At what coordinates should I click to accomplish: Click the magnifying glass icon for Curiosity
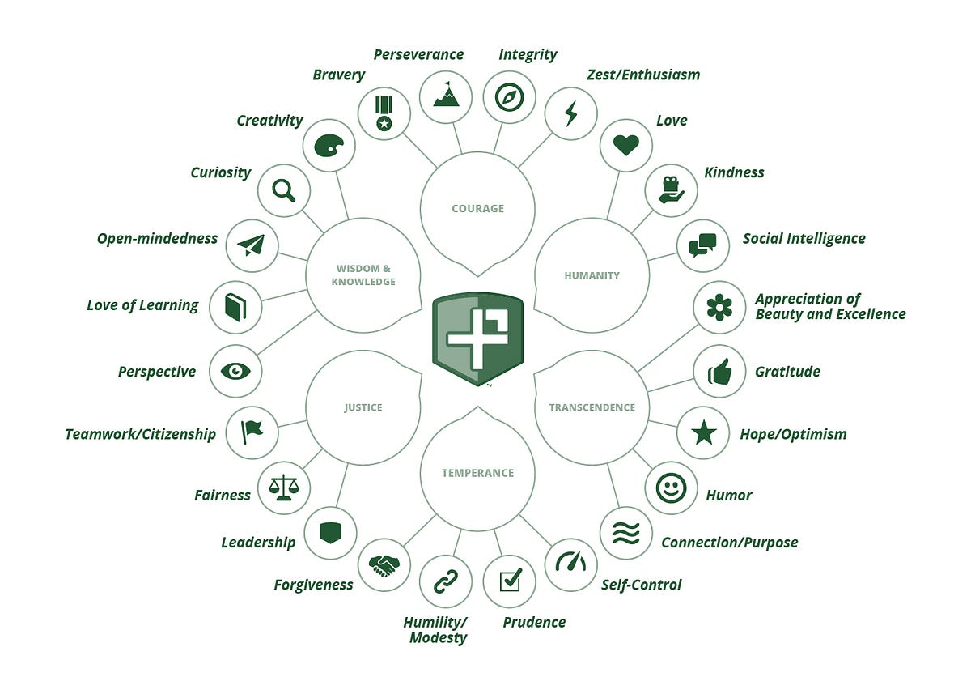tap(283, 191)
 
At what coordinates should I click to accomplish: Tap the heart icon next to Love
tap(626, 145)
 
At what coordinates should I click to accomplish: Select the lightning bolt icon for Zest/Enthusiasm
tap(571, 113)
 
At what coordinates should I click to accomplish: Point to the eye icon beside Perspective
tap(235, 371)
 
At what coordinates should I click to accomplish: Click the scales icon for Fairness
tap(283, 488)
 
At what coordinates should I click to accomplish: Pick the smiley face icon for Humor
tap(671, 488)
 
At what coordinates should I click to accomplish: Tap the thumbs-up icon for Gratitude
tap(719, 371)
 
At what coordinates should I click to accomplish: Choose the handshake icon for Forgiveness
tap(384, 565)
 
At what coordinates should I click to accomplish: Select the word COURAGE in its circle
tap(477, 209)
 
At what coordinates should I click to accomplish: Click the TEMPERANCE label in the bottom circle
tap(477, 473)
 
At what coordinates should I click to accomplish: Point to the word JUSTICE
tap(363, 407)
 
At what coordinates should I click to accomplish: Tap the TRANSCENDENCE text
tap(592, 407)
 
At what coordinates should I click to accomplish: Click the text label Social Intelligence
tap(804, 239)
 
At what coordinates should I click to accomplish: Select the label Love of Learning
tap(142, 305)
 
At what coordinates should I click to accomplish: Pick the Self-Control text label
tap(641, 585)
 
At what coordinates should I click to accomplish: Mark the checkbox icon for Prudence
tap(510, 580)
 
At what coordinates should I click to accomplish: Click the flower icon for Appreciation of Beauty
tap(719, 307)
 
